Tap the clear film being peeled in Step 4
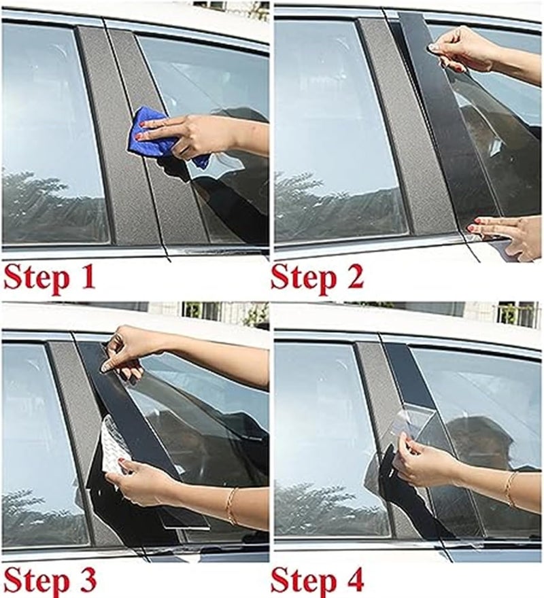click(x=408, y=428)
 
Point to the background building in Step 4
click(x=517, y=314)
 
